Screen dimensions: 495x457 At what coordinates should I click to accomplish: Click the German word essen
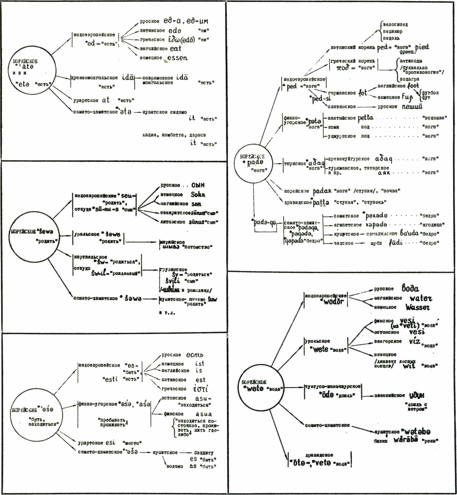pyautogui.click(x=177, y=58)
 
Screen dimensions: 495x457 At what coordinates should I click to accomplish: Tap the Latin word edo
pyautogui.click(x=175, y=31)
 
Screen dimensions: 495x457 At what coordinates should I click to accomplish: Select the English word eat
pyautogui.click(x=176, y=49)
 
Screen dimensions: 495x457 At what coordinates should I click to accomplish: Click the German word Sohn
pyautogui.click(x=198, y=195)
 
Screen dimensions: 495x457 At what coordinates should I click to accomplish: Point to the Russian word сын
pyautogui.click(x=198, y=185)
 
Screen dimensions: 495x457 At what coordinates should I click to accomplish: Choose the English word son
pyautogui.click(x=196, y=204)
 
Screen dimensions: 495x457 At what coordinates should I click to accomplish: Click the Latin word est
pyautogui.click(x=200, y=380)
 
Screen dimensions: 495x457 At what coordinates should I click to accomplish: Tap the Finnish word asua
pyautogui.click(x=203, y=414)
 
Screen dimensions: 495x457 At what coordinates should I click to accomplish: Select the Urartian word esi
pyautogui.click(x=110, y=443)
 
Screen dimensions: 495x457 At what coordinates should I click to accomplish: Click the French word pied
pyautogui.click(x=422, y=47)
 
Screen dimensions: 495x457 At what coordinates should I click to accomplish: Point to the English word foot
pyautogui.click(x=413, y=86)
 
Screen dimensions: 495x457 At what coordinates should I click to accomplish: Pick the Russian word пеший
pyautogui.click(x=412, y=106)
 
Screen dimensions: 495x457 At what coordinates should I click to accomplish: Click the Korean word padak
pyautogui.click(x=322, y=191)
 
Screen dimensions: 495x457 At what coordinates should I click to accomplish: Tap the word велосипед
pyautogui.click(x=395, y=25)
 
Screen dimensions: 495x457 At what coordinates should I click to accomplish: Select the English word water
pyautogui.click(x=421, y=298)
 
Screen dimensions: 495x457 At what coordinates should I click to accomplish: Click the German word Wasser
pyautogui.click(x=418, y=307)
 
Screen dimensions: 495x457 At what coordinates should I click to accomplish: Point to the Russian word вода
pyautogui.click(x=410, y=288)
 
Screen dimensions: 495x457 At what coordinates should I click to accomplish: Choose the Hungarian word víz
pyautogui.click(x=415, y=341)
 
